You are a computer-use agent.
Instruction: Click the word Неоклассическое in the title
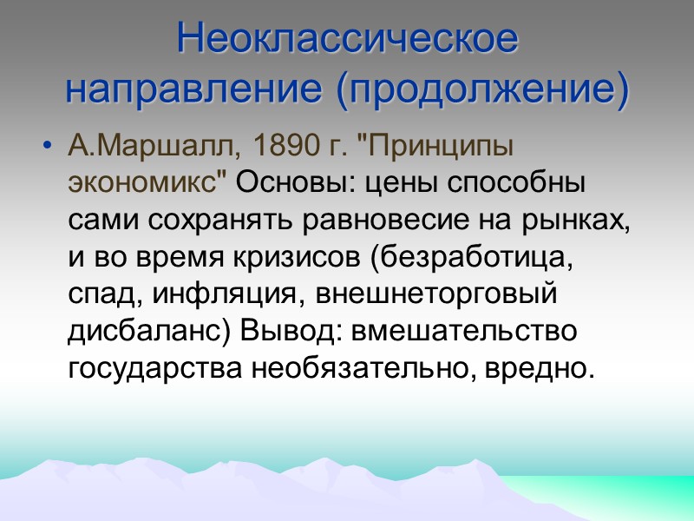(347, 41)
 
